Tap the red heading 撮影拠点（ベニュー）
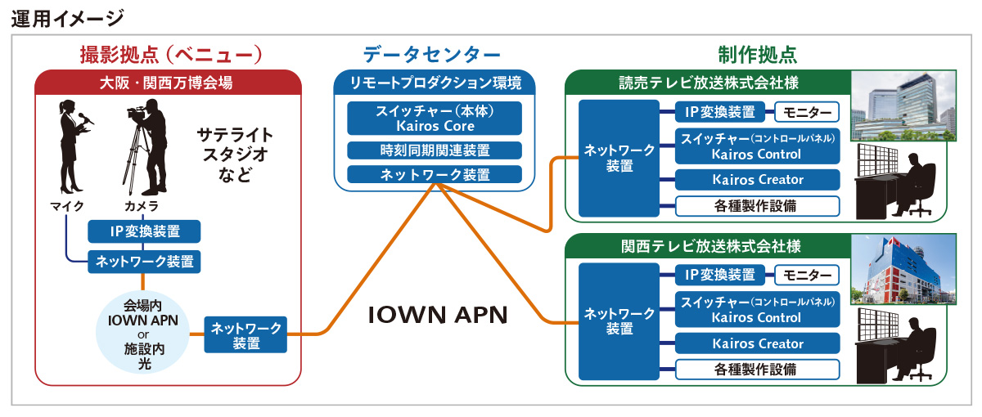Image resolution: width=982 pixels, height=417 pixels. [169, 55]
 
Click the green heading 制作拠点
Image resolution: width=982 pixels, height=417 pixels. [757, 55]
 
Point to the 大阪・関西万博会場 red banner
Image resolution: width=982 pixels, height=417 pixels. [169, 83]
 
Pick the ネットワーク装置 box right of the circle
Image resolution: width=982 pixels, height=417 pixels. [245, 336]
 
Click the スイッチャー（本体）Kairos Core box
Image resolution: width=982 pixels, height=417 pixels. [435, 119]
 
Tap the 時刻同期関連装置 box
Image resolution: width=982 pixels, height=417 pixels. [435, 150]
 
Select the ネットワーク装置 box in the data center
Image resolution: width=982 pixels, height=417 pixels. [435, 174]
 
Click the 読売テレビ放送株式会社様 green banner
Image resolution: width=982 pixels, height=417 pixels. [709, 83]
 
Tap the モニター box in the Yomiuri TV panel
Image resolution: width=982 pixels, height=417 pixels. [807, 112]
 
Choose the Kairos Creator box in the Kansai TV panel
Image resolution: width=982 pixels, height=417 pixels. [758, 343]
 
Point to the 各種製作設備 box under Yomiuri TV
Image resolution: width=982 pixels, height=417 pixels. [758, 205]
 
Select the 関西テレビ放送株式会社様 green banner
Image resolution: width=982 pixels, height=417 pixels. [709, 246]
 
